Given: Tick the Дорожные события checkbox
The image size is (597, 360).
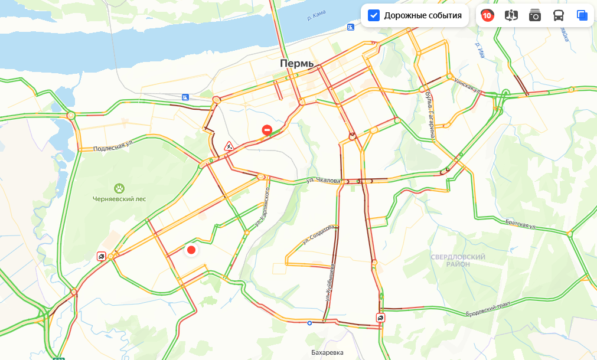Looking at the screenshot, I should coord(374,15).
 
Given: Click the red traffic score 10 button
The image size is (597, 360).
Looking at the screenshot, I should coord(487,16).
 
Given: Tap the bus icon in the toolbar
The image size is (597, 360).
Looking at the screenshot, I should coord(558,16).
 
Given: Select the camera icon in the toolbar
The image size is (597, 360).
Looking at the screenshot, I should coord(534,16).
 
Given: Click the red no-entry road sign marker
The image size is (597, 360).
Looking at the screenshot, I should coord(267,130).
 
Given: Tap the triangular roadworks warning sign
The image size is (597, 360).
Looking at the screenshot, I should coord(229,145).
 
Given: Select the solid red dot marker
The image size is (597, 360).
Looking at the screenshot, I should coord(191,250).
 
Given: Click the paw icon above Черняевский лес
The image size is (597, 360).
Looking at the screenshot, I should coord(119,188).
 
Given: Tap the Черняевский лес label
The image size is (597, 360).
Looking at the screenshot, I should coord(119,199).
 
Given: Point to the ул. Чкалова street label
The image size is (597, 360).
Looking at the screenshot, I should coord(322,180).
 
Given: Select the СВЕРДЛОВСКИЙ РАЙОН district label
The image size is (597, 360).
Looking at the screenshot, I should coord(458,260).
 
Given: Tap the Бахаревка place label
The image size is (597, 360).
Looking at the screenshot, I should coord(327,353).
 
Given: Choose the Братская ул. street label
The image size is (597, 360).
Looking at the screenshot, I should coord(520,225).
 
